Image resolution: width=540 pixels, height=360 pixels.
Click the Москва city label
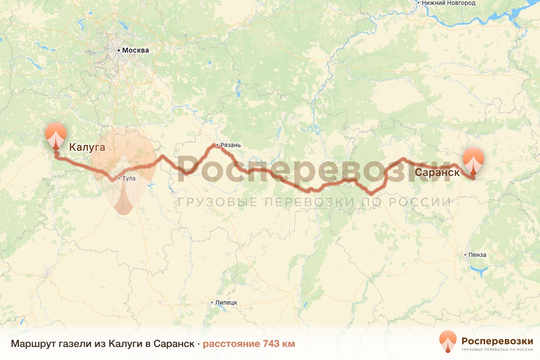coord(135,50)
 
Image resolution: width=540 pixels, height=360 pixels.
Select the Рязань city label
coord(231,145)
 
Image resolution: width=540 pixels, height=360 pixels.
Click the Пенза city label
coord(477,255)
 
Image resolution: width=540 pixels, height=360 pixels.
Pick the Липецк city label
coord(226,302)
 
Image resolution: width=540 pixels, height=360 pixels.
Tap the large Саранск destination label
coord(437,172)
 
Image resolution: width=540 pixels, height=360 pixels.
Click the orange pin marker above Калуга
coord(56,135)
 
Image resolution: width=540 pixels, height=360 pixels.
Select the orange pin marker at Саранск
coord(474,161)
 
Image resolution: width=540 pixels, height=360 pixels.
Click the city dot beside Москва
coord(119,50)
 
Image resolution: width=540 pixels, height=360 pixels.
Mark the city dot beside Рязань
coord(217,145)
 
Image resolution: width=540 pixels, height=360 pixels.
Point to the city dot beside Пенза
coord(465,255)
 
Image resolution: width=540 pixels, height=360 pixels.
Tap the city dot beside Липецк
coord(212,302)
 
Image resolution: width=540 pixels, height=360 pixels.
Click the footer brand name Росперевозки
coord(497,340)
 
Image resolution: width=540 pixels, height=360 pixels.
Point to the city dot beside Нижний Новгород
coord(418,3)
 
